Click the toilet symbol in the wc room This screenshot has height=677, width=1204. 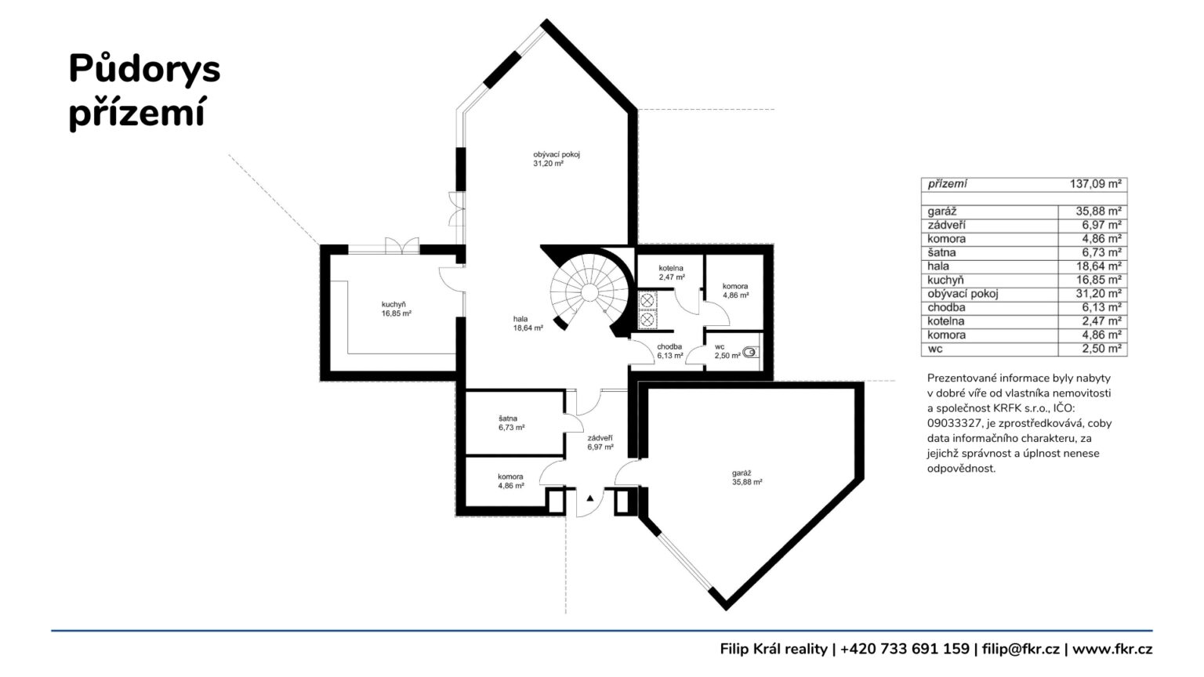(750, 353)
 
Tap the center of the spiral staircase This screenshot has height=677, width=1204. (589, 293)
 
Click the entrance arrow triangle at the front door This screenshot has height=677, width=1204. (590, 498)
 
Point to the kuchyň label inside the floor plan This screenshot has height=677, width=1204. (393, 304)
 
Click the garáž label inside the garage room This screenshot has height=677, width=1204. (742, 472)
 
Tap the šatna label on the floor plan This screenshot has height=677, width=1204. (508, 418)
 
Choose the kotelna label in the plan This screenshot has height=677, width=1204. (671, 267)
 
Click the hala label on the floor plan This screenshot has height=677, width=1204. (520, 319)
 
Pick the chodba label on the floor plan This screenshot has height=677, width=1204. (669, 346)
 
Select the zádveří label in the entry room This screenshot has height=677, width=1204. (600, 438)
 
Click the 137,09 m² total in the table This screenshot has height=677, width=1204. (1095, 184)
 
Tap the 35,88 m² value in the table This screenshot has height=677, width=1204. (1099, 211)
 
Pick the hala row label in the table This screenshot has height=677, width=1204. (938, 266)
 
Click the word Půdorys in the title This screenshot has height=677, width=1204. (144, 70)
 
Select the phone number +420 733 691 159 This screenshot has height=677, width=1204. (905, 649)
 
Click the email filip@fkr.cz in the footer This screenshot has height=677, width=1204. (1021, 649)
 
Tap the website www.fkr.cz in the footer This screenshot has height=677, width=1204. (1112, 649)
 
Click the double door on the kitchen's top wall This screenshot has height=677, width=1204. (402, 245)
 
